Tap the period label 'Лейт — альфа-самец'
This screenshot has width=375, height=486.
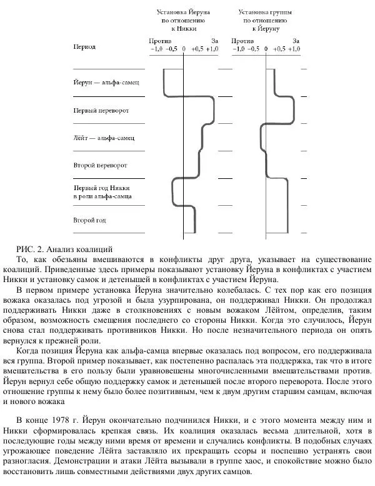(x=104, y=138)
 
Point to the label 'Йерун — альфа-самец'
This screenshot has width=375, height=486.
(x=105, y=83)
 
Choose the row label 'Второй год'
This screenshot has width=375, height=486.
(x=89, y=220)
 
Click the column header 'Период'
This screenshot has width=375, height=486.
(x=84, y=47)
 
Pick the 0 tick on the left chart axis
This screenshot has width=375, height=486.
(x=184, y=48)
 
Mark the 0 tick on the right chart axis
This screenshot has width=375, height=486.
(x=266, y=48)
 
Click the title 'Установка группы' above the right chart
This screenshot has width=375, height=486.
(x=266, y=12)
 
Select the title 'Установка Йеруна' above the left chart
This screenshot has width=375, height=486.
(x=183, y=12)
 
